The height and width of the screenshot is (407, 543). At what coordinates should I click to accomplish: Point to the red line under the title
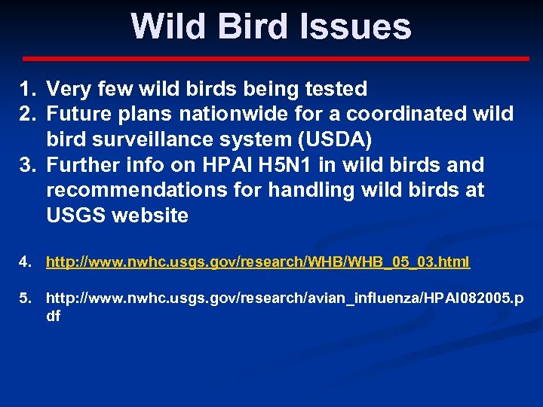pyautogui.click(x=275, y=58)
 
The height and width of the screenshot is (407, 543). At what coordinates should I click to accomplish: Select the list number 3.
pyautogui.click(x=28, y=165)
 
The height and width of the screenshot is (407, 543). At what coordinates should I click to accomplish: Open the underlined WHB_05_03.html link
pyautogui.click(x=258, y=262)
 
